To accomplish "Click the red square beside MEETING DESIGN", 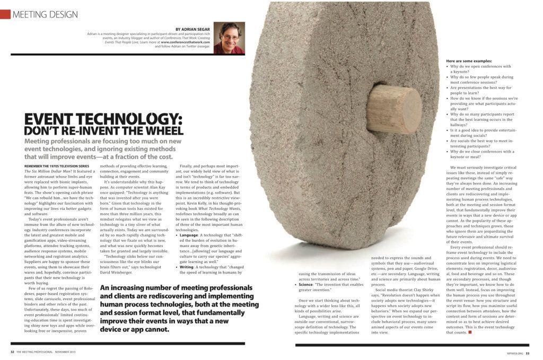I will point(5,14).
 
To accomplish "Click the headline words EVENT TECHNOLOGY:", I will point(103,118).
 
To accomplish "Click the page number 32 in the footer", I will point(12,352).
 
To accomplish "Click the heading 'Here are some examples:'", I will point(469,61).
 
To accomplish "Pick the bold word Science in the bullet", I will point(307,284).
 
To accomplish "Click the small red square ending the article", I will point(470,332).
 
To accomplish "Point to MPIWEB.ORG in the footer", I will point(514,352).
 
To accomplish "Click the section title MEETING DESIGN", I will point(45,14).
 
